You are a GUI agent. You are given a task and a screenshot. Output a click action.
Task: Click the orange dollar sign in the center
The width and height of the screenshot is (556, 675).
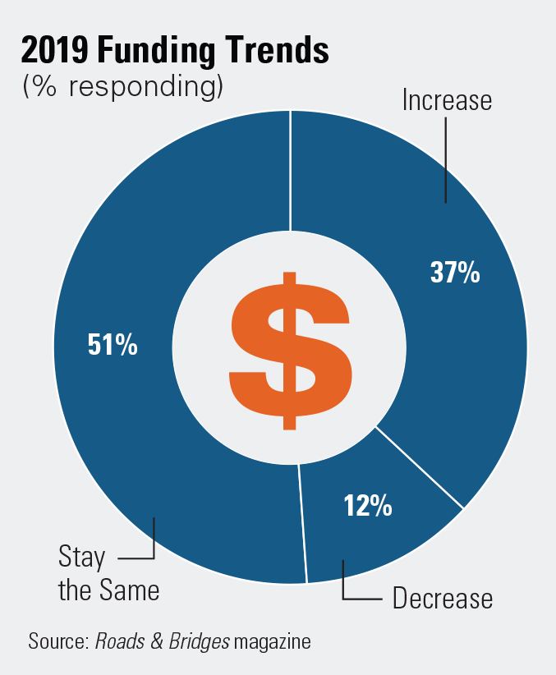click(x=290, y=350)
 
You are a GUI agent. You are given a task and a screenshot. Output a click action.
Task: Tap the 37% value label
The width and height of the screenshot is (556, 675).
click(x=454, y=273)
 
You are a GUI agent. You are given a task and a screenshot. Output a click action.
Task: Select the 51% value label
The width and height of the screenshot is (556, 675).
click(x=113, y=345)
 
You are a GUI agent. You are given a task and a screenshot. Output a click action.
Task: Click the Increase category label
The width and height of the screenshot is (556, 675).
click(x=447, y=100)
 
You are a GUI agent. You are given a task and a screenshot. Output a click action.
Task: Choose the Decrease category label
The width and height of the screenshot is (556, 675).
click(x=443, y=598)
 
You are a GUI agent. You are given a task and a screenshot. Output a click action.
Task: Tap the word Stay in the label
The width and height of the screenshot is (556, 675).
click(x=82, y=558)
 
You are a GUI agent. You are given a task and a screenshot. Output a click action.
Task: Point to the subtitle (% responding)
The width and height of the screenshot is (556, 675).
click(x=123, y=86)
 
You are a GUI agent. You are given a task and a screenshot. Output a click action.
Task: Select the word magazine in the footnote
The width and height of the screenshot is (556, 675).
click(x=273, y=641)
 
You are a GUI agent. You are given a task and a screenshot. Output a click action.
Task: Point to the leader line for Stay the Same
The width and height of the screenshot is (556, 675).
click(x=153, y=542)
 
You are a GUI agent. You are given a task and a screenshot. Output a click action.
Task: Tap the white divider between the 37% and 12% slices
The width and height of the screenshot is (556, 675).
click(x=419, y=467)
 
